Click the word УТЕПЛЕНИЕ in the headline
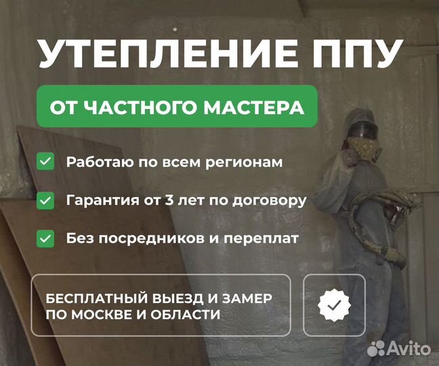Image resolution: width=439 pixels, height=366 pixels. point(168,54)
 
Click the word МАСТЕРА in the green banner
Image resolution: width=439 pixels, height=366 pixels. point(254,107)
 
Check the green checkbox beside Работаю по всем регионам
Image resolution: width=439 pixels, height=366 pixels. point(45,161)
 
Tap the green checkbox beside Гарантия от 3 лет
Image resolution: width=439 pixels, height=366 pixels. point(45,201)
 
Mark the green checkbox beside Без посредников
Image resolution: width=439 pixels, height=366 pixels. point(45,239)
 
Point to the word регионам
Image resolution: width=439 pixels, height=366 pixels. point(244,163)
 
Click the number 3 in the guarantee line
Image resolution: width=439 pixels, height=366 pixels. point(169,200)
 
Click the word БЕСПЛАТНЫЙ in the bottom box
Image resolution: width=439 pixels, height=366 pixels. point(97,298)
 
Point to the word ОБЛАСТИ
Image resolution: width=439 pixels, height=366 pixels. point(186,314)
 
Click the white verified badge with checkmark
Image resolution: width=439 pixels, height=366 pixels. point(334,305)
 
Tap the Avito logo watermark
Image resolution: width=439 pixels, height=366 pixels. point(398,348)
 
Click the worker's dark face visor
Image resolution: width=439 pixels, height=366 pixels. point(363,131)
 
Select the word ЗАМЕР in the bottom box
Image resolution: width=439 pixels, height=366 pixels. point(247,298)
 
